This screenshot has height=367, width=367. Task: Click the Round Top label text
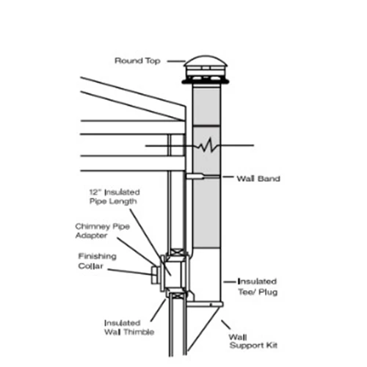(x=137, y=60)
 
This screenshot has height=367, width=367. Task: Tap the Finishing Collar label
(x=99, y=261)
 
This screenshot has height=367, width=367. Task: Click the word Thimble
(x=134, y=332)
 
